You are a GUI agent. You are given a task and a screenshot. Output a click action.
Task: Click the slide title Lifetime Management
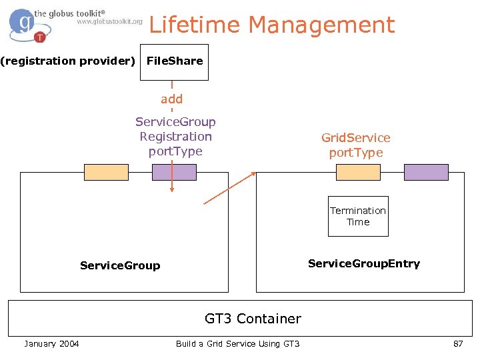271,25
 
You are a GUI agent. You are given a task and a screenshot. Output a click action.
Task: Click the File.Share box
174,61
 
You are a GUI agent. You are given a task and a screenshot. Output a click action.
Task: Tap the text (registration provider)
67,61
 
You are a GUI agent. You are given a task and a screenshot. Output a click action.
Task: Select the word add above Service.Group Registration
171,99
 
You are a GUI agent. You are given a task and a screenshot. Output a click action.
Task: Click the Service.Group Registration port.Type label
175,137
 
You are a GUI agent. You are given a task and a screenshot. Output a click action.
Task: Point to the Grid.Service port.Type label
355,145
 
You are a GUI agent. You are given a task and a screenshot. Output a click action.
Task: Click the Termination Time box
358,217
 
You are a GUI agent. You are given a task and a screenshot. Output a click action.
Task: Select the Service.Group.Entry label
364,263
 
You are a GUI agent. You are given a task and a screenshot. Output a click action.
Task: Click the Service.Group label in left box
120,265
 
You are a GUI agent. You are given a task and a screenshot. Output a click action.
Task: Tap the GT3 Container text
253,319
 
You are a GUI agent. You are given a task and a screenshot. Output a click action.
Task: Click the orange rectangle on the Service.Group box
106,172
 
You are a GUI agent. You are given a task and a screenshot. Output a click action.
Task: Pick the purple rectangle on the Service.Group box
174,172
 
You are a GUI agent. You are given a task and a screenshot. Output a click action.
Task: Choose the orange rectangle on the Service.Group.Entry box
358,172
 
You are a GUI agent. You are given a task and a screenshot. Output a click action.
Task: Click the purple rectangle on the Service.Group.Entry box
427,172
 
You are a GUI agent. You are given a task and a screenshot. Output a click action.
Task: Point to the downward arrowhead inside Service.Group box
172,189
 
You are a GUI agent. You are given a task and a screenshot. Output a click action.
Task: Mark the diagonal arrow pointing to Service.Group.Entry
230,188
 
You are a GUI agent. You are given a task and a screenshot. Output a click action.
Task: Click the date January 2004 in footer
51,343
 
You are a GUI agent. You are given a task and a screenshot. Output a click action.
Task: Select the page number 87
457,343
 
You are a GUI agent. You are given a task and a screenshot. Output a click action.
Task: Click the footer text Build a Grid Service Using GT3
237,343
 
